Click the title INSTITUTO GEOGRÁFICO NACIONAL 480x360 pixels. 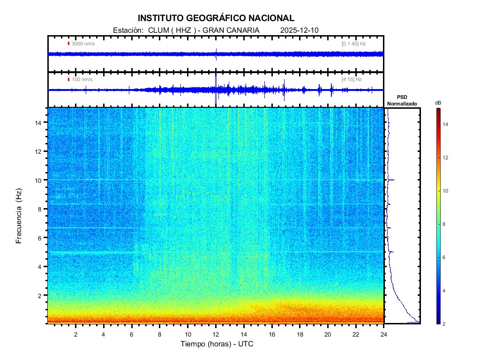coord(216,18)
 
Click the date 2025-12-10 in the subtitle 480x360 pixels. coord(299,30)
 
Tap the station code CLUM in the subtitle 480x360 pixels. coord(157,30)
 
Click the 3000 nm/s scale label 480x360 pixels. coord(83,44)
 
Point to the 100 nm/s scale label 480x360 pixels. coord(82,79)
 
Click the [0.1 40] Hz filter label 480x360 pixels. coord(353,44)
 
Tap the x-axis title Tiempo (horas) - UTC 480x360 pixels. coord(216,344)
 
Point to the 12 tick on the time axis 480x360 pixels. coord(216,333)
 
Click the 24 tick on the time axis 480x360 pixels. coord(383,333)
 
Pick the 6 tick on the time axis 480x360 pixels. coord(132,333)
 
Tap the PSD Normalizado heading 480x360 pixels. coord(402,100)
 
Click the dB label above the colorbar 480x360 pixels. coord(438,102)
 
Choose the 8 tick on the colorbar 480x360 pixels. coord(445,225)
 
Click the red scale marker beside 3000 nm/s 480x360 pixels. coord(68,44)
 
